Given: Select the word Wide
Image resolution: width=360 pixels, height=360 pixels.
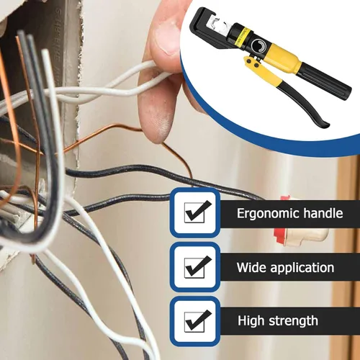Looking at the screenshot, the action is pyautogui.click(x=251, y=267).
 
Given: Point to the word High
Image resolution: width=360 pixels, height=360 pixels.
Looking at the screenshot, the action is pyautogui.click(x=251, y=321).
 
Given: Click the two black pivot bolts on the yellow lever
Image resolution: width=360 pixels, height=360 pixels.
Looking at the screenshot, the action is pyautogui.click(x=253, y=63).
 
